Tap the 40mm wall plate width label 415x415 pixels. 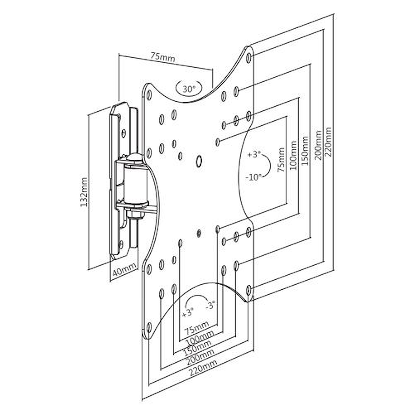(x=124, y=270)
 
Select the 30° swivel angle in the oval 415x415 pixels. (x=189, y=88)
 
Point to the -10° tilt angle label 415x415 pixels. (x=254, y=177)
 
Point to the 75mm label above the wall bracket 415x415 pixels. (x=163, y=57)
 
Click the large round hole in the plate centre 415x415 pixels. (x=199, y=161)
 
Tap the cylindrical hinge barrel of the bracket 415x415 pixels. (x=135, y=185)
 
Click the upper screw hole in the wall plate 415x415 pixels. (x=124, y=133)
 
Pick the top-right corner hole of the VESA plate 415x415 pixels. (x=249, y=58)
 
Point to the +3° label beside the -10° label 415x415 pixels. (x=254, y=154)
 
